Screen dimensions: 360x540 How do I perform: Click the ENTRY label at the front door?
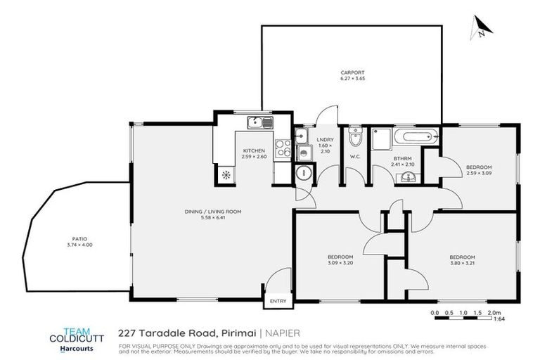tap(278, 301)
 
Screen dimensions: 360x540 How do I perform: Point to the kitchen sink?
tap(259, 124)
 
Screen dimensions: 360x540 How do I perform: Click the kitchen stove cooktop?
tap(282, 148)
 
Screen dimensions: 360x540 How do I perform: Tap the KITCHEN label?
tap(254, 151)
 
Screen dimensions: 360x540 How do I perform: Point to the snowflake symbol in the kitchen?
tap(226, 174)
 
